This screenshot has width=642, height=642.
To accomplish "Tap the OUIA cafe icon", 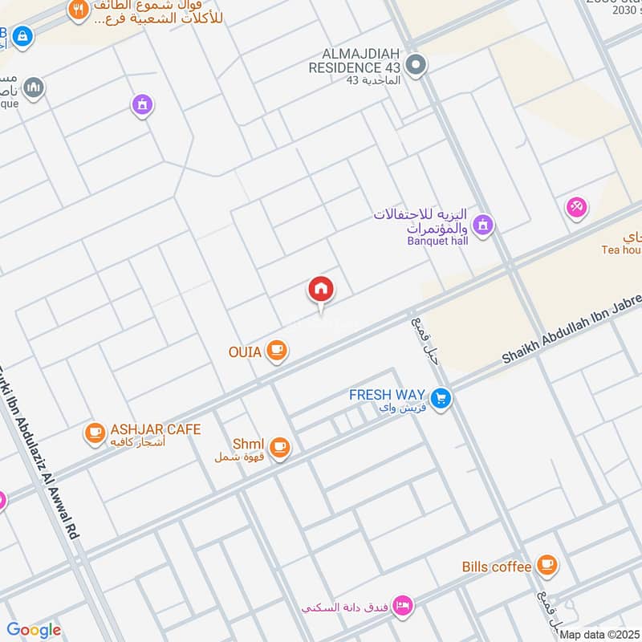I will point(277,350).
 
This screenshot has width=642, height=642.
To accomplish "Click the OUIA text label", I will point(245,351).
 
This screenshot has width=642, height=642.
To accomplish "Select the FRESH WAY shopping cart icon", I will point(440,397).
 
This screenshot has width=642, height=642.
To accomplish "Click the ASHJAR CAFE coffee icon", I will point(95,433).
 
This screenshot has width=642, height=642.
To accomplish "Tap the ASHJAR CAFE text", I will point(156,429).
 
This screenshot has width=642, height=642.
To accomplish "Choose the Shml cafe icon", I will point(278,447).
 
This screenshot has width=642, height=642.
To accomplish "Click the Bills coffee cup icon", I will point(547,566).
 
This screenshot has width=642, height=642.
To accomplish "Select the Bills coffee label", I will point(497,567).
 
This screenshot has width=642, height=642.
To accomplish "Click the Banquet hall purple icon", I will point(482,226).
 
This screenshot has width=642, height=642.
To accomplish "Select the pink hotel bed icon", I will point(404,603).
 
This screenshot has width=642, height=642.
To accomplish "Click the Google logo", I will point(34,630).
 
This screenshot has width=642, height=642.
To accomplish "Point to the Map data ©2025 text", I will point(599,635).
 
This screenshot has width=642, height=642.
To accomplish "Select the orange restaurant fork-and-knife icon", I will point(78,11).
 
